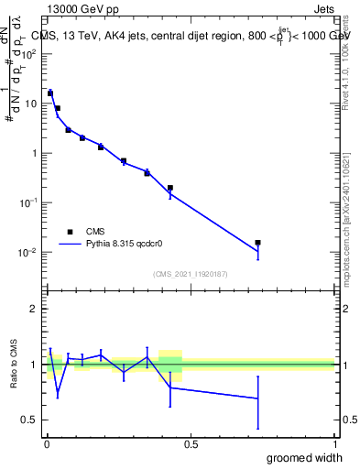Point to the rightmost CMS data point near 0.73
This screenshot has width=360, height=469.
tap(258, 243)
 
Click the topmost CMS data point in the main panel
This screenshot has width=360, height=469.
tap(50, 93)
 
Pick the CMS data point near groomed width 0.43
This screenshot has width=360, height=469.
tap(170, 188)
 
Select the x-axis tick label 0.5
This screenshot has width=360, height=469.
tap(191, 444)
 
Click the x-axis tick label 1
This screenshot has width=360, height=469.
tap(334, 444)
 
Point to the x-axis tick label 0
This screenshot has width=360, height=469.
tap(47, 444)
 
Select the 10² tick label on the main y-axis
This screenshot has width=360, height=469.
tap(28, 54)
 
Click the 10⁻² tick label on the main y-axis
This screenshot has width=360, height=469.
tap(28, 253)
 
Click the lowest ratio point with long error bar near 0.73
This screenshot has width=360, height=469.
tap(258, 398)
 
